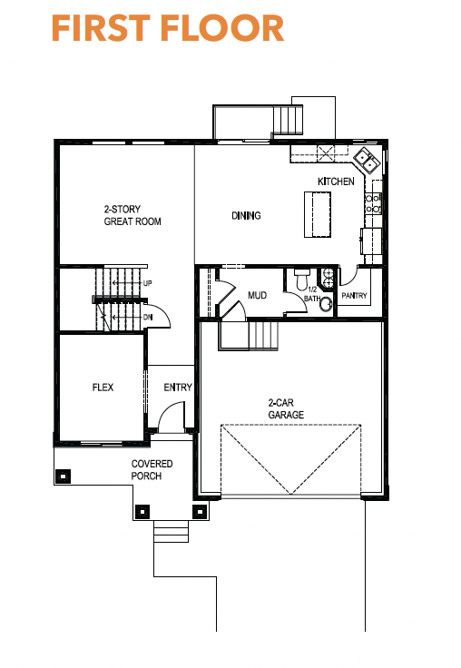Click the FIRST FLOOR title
point(168,28)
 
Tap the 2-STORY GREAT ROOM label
point(132,215)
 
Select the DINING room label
point(246,216)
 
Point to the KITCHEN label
point(336,182)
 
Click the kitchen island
point(318,214)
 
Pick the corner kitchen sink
point(367,160)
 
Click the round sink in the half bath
point(327,304)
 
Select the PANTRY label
point(354,295)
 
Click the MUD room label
point(258,295)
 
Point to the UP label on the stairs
point(147,283)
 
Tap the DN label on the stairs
point(148,318)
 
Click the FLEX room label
point(103,388)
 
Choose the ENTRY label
point(178,388)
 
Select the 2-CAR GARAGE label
point(286,408)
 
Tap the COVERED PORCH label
point(152,469)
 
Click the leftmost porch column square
point(63,476)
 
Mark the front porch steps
point(171,531)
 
